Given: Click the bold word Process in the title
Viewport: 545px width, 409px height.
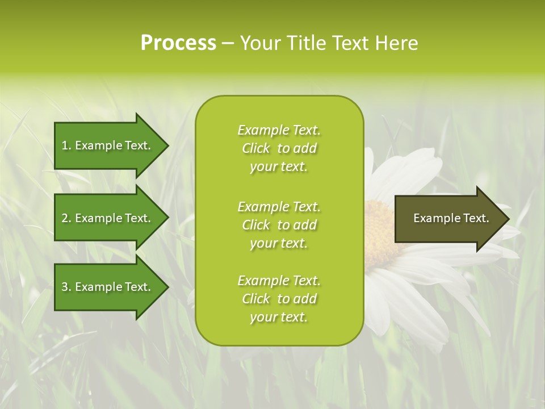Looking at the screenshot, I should click(178, 43).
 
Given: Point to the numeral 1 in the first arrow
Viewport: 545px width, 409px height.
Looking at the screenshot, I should click(65, 145).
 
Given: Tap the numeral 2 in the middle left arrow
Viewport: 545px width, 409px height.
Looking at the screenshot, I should click(65, 218).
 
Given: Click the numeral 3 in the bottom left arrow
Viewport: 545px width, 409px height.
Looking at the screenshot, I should click(65, 287).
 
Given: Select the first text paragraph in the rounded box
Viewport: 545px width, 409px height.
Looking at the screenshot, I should click(279, 148).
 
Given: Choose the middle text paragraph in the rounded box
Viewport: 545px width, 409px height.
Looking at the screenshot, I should click(279, 225).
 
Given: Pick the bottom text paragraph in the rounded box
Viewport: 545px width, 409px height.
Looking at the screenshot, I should click(279, 299).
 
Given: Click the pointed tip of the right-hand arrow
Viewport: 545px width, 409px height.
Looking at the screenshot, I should click(508, 219).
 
